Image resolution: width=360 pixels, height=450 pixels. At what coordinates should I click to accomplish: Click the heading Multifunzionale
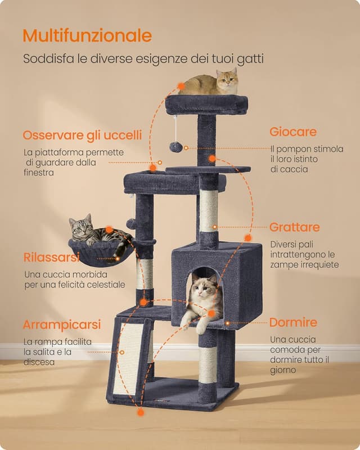[87, 36]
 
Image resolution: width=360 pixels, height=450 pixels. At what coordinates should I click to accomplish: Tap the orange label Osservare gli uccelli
[82, 136]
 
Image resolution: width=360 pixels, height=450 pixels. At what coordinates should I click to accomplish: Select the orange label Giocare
[292, 132]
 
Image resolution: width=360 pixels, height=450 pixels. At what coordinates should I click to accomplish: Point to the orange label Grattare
[294, 227]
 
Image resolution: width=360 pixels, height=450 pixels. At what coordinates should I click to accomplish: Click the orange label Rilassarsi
[52, 258]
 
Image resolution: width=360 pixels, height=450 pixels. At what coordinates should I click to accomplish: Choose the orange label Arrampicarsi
[62, 325]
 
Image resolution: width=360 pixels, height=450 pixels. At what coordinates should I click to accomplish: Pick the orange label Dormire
[293, 323]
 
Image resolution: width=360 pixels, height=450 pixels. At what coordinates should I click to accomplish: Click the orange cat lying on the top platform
[211, 83]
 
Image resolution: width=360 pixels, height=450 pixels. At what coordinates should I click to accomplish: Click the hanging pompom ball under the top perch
[176, 147]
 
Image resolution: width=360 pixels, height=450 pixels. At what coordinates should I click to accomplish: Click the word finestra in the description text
[39, 173]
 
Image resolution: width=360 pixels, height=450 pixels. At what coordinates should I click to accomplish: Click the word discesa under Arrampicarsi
[39, 362]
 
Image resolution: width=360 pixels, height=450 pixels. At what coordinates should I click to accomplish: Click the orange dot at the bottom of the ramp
[140, 412]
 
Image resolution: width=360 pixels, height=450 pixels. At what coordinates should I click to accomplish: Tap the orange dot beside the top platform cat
[181, 87]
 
